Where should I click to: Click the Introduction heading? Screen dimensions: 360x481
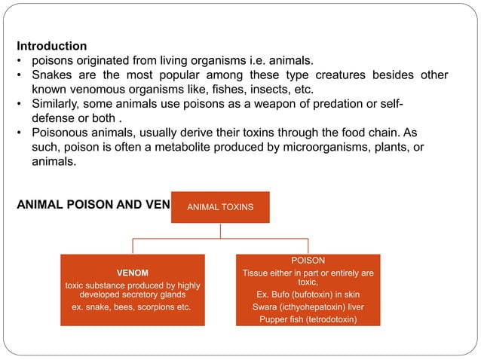pyautogui.click(x=51, y=46)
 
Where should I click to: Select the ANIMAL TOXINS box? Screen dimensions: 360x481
pyautogui.click(x=220, y=206)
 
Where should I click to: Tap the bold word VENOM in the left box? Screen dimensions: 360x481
pyautogui.click(x=132, y=273)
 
